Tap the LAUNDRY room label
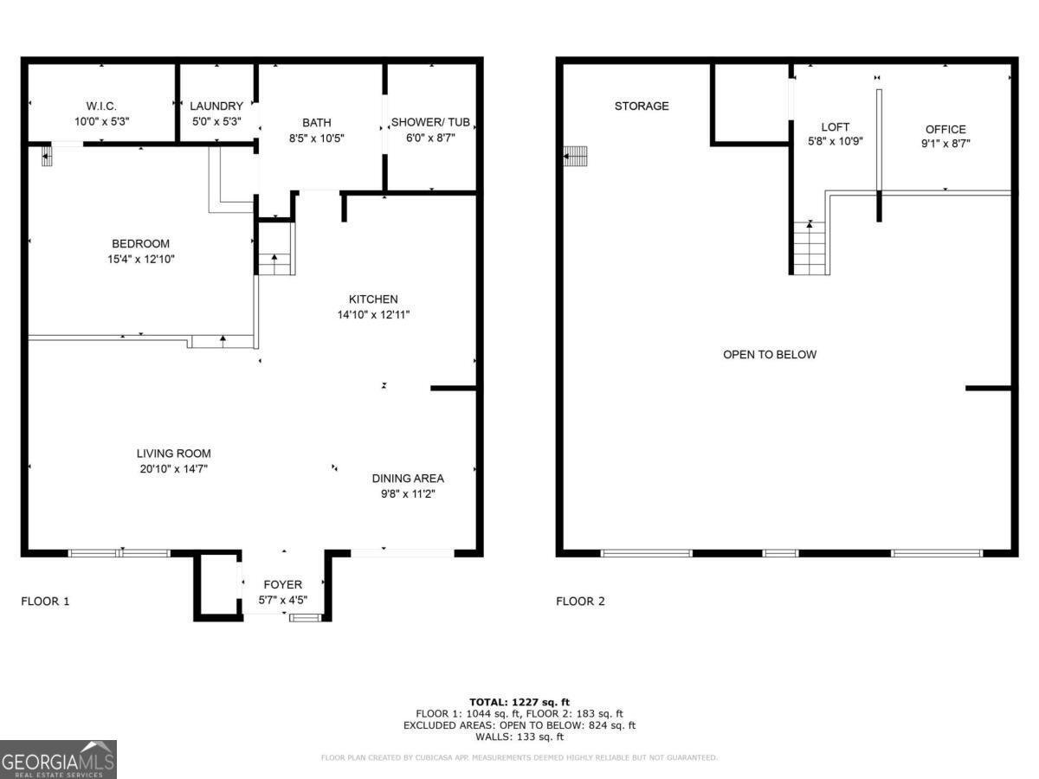216,106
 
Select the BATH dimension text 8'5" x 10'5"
316,138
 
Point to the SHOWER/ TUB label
430,123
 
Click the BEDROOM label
140,244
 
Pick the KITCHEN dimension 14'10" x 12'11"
373,315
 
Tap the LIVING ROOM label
173,454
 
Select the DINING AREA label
408,479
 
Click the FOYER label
283,585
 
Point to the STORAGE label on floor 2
642,106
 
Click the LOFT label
836,127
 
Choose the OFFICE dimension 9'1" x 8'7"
945,145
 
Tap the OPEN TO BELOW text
770,355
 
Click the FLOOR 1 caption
45,602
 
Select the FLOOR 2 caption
580,602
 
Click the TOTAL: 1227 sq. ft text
519,702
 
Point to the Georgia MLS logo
58,759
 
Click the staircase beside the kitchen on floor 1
276,251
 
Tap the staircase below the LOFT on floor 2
810,248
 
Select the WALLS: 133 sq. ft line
519,737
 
